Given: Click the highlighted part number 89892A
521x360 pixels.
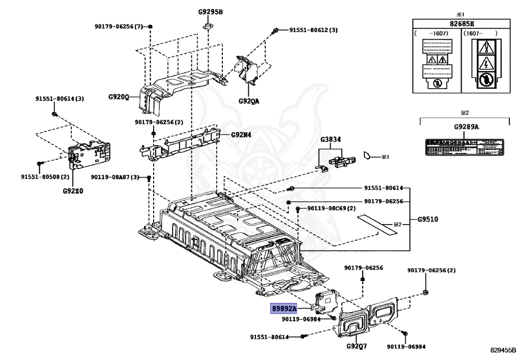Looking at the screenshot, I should coord(283,309).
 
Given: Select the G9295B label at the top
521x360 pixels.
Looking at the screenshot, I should coord(211,12).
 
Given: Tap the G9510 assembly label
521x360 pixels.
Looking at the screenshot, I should coord(428,219).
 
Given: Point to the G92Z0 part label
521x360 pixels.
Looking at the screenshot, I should coord(73,191).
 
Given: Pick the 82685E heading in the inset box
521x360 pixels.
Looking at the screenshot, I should coord(461,23).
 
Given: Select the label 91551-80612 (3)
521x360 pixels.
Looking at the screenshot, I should coord(313,30).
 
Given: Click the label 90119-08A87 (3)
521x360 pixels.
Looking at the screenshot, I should coord(115,177).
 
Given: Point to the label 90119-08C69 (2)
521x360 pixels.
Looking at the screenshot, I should coord(331,209).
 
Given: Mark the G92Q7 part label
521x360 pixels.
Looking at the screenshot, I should coord(357,346).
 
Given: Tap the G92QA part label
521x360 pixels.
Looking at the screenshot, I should coord(249,101).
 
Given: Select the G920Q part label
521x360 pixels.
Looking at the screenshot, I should coord(119,97).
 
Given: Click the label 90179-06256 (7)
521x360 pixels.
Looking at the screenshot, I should coord(119,26).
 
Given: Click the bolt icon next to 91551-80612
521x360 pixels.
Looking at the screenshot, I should coord(275,31).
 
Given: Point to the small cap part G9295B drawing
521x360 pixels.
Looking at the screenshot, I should coord(208,25).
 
